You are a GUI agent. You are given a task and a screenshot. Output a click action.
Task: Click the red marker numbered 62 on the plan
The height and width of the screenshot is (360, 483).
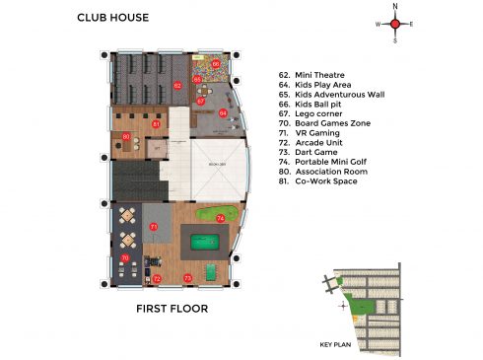(176, 86)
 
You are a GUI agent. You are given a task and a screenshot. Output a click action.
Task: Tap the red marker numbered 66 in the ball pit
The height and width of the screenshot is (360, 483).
(216, 64)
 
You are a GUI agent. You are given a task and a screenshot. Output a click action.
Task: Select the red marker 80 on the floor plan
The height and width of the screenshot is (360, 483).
(126, 136)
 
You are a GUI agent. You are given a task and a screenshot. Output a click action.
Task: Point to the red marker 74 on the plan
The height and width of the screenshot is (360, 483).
(220, 217)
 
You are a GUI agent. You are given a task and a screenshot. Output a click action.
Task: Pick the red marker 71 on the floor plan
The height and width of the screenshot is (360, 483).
(154, 227)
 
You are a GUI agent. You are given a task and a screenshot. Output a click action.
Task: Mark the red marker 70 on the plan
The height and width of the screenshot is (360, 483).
(124, 258)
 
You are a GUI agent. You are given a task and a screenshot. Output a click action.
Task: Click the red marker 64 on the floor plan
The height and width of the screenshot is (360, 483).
(223, 114)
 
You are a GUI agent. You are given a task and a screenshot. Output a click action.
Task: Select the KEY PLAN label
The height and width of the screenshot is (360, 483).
(335, 345)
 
